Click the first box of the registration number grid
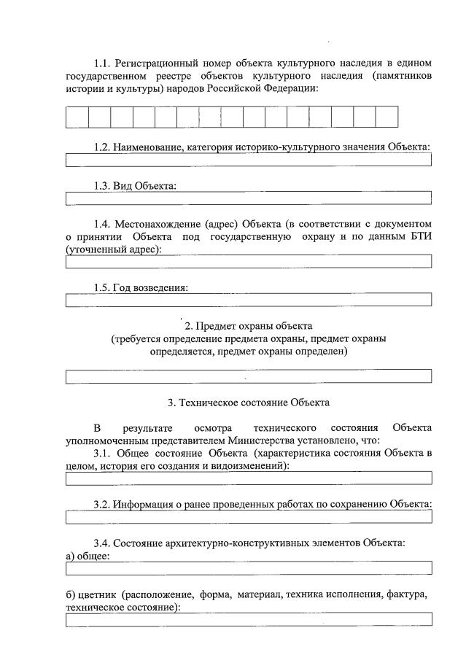coord(77,117)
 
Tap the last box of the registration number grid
coord(387,117)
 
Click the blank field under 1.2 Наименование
coord(248,160)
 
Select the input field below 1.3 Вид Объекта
coord(248,198)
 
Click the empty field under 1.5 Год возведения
coord(248,299)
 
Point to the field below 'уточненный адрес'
coord(248,262)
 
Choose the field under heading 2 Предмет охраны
coord(248,376)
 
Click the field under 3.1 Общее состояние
coord(248,478)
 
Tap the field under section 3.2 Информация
coord(248,517)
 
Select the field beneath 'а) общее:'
coord(248,568)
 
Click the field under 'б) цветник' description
coord(248,619)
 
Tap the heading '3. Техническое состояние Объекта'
coord(248,402)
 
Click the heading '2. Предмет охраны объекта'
coord(248,325)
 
